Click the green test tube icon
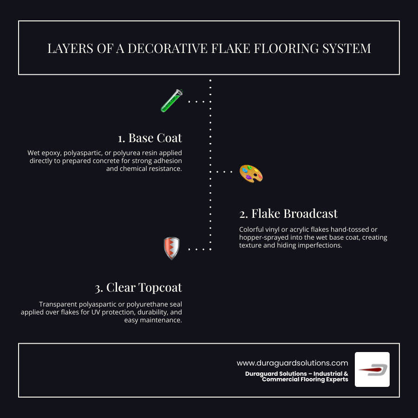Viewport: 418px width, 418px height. click(171, 101)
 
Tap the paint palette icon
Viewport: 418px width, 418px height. click(251, 174)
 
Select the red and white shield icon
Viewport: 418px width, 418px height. click(171, 248)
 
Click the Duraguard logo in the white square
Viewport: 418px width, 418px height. click(372, 369)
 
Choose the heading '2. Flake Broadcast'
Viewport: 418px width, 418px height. click(288, 214)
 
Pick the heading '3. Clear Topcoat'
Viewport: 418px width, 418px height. click(138, 288)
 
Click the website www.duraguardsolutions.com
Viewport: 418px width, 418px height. click(292, 363)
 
